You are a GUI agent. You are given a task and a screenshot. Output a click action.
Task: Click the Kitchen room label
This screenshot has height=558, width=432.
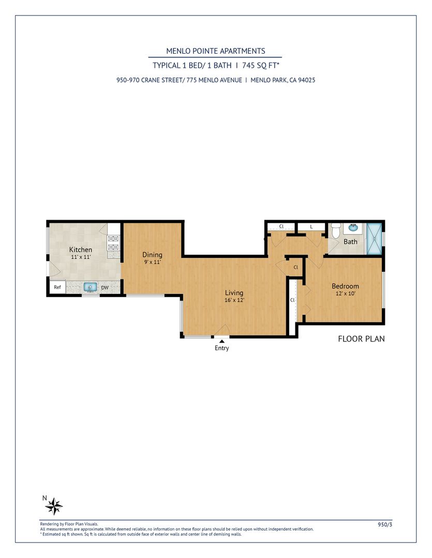[x=81, y=250]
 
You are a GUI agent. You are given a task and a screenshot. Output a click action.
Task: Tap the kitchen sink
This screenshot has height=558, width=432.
[x=90, y=287]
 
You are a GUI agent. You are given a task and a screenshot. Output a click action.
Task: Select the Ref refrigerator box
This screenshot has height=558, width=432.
[x=57, y=287]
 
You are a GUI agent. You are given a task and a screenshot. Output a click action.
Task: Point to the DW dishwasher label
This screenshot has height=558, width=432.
[x=105, y=288]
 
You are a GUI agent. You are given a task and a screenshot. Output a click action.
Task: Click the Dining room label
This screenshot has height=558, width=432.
[x=152, y=255]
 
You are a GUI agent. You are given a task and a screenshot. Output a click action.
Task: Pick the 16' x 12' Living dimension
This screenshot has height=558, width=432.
[x=234, y=300]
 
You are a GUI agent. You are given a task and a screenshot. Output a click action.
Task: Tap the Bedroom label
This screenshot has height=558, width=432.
[x=345, y=286]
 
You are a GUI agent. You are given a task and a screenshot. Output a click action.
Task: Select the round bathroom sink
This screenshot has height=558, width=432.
[x=353, y=228]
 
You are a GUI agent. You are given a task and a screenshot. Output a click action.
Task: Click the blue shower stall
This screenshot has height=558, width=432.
[x=374, y=239]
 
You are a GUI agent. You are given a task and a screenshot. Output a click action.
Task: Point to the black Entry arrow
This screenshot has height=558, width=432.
[x=222, y=342]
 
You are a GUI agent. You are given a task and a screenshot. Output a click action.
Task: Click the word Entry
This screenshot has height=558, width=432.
[x=222, y=348]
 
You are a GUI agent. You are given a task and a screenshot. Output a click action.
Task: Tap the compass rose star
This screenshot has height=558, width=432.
[x=54, y=506]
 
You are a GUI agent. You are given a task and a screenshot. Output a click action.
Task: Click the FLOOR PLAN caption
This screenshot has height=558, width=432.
[x=362, y=339]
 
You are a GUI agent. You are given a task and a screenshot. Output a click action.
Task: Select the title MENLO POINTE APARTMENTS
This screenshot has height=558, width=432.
[x=216, y=51]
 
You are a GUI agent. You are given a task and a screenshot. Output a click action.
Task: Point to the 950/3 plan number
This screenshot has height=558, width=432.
[x=385, y=524]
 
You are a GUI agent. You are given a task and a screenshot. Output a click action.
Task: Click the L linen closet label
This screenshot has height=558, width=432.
[x=311, y=227]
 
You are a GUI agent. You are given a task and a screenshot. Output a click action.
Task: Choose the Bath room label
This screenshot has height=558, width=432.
[x=350, y=242]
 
